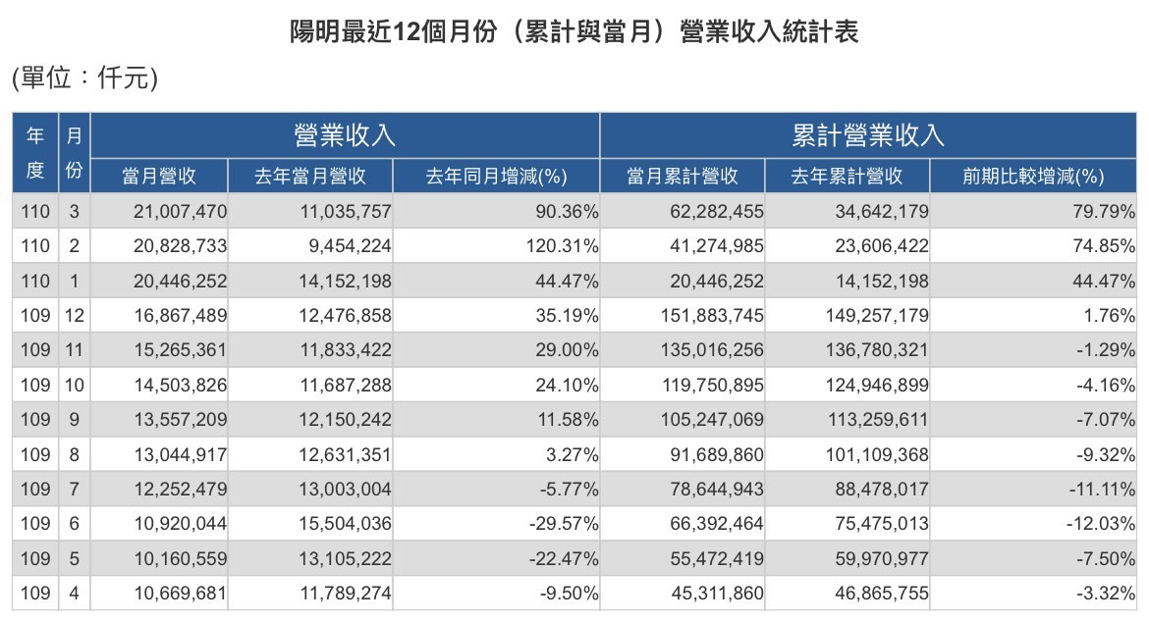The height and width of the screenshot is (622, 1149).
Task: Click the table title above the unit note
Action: point(574,33)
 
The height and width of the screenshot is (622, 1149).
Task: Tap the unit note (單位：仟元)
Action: point(84,79)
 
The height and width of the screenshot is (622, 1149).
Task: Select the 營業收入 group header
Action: point(345,134)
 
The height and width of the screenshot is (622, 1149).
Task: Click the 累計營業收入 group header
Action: point(868,134)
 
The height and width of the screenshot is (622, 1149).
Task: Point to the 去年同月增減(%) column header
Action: point(496,177)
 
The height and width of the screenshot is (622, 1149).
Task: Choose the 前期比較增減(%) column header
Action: point(1033,177)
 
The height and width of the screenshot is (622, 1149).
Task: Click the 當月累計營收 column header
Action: point(683,177)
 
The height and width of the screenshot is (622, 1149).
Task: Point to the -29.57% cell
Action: point(564,524)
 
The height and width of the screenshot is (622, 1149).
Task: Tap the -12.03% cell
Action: point(1101,524)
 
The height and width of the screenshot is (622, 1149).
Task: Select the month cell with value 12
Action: point(74,316)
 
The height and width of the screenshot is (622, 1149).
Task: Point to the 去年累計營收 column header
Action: point(847,177)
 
